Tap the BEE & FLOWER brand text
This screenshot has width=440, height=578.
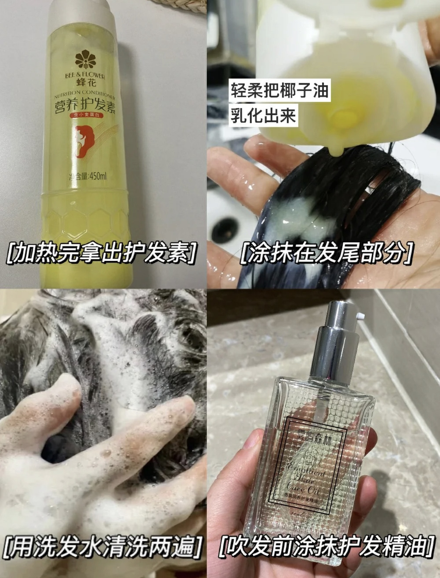pos(85,75)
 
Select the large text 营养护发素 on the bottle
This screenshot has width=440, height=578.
pos(85,105)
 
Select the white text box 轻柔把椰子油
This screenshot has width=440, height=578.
pos(280,91)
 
